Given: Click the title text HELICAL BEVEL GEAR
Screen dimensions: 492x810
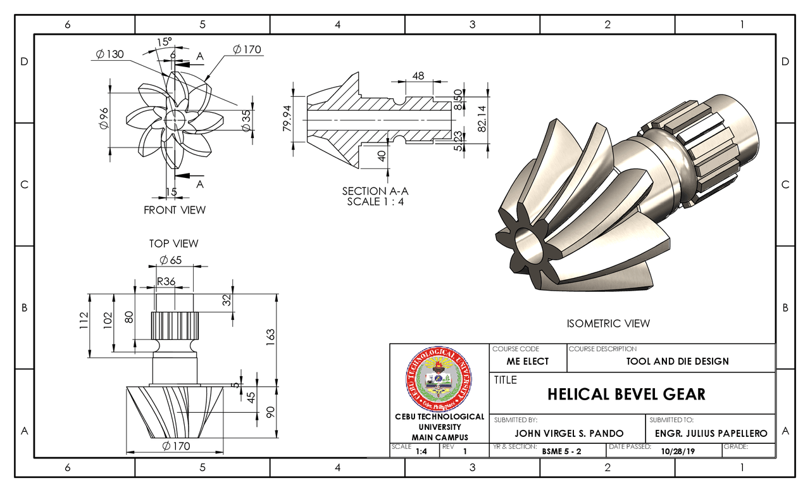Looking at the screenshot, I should pos(626,394).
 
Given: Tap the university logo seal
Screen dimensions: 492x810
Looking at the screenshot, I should pos(438,378).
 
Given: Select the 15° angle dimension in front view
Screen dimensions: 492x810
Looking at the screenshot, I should pos(164,42).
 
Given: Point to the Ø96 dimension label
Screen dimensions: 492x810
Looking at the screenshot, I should pos(104,118).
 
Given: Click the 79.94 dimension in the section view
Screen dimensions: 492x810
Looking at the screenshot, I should pos(287,118).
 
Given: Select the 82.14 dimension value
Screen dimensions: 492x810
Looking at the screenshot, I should pos(482,117).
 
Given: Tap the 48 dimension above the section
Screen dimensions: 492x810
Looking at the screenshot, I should pos(418,75).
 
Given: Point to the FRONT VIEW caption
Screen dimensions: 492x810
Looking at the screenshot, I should pos(175,210).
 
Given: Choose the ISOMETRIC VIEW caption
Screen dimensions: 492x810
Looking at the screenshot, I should pos(608,324).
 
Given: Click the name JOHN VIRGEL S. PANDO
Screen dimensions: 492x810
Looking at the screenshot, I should pos(569,434).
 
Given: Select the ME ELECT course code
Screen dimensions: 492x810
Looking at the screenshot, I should pos(528,362).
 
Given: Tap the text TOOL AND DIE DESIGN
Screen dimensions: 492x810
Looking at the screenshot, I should pos(677,362).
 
